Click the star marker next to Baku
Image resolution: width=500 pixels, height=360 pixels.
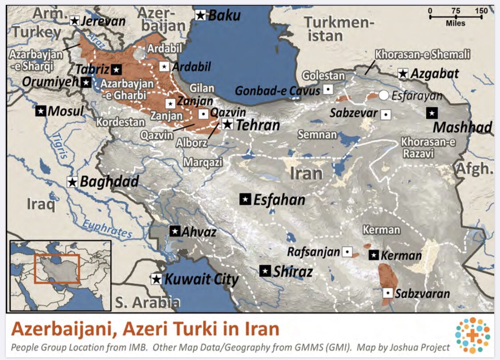point(201,16)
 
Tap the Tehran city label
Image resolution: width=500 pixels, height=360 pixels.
point(258,125)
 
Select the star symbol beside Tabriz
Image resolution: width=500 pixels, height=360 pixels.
point(116,69)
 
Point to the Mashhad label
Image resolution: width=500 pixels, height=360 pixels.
point(462,128)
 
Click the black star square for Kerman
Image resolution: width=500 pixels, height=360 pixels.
point(374,255)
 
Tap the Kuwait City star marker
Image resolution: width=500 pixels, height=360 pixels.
point(156,279)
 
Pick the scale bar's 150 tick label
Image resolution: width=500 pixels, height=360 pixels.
point(481,11)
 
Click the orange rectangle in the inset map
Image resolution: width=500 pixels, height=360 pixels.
point(56,269)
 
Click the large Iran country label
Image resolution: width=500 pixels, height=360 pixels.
point(307,173)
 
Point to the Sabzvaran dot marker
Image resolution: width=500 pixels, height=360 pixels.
point(388,293)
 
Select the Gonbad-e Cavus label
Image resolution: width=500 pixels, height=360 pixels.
point(277,91)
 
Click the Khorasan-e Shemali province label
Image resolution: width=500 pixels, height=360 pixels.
point(422,55)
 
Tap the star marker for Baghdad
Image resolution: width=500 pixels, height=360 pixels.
point(72,182)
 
